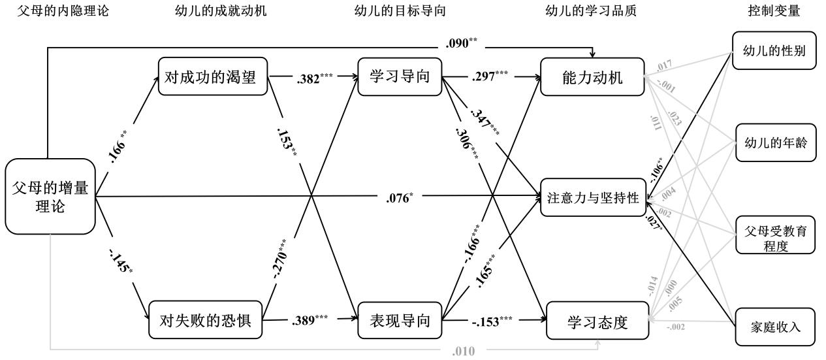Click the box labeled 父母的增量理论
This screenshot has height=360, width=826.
click(50, 196)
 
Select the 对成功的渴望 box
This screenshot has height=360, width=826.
click(214, 77)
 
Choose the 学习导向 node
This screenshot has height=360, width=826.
click(399, 77)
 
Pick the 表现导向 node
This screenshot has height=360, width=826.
click(400, 320)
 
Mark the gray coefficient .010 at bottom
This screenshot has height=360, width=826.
click(464, 351)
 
